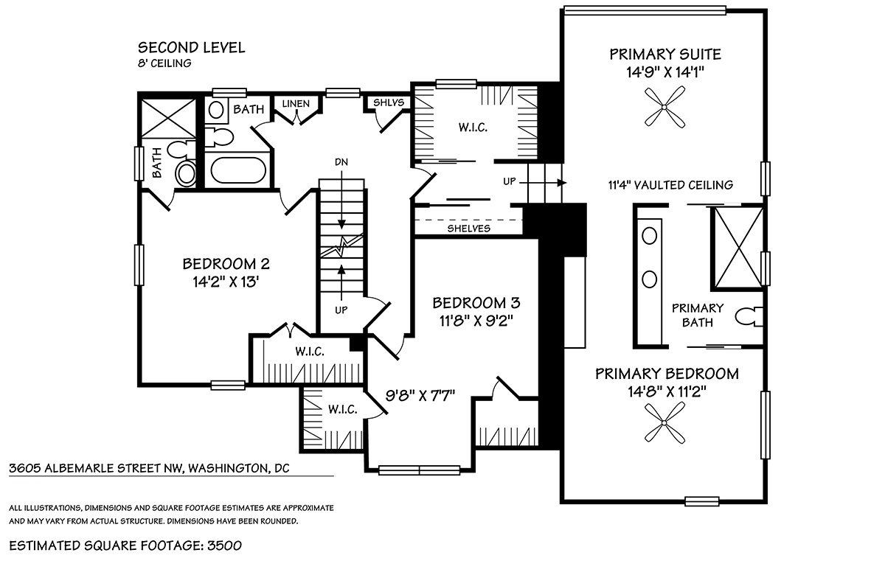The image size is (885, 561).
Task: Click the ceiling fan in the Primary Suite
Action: [x=664, y=107]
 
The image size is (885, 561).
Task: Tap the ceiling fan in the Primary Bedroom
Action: [x=664, y=423]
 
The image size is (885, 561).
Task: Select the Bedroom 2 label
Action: [x=226, y=264]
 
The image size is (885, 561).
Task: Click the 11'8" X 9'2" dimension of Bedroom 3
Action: [x=476, y=321]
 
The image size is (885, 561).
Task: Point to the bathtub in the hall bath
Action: [x=237, y=170]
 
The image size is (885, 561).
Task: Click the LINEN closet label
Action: [x=296, y=104]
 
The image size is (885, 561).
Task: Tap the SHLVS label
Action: [x=389, y=102]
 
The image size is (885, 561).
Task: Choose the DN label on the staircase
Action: [x=341, y=162]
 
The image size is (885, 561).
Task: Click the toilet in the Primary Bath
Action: [x=749, y=317]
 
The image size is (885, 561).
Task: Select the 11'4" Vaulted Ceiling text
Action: [x=670, y=185]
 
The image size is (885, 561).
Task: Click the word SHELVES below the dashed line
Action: [x=468, y=229]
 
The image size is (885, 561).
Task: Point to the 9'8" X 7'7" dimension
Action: [x=420, y=395]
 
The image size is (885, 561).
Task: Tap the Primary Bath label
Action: [x=698, y=315]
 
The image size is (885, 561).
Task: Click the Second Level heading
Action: [x=191, y=48]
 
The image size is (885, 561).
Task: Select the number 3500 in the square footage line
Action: [x=224, y=546]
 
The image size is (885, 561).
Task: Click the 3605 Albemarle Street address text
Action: [x=149, y=468]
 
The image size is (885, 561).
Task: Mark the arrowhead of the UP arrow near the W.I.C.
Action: [x=562, y=183]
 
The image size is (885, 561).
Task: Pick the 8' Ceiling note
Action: [x=164, y=63]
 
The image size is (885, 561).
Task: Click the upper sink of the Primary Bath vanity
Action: [x=650, y=237]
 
